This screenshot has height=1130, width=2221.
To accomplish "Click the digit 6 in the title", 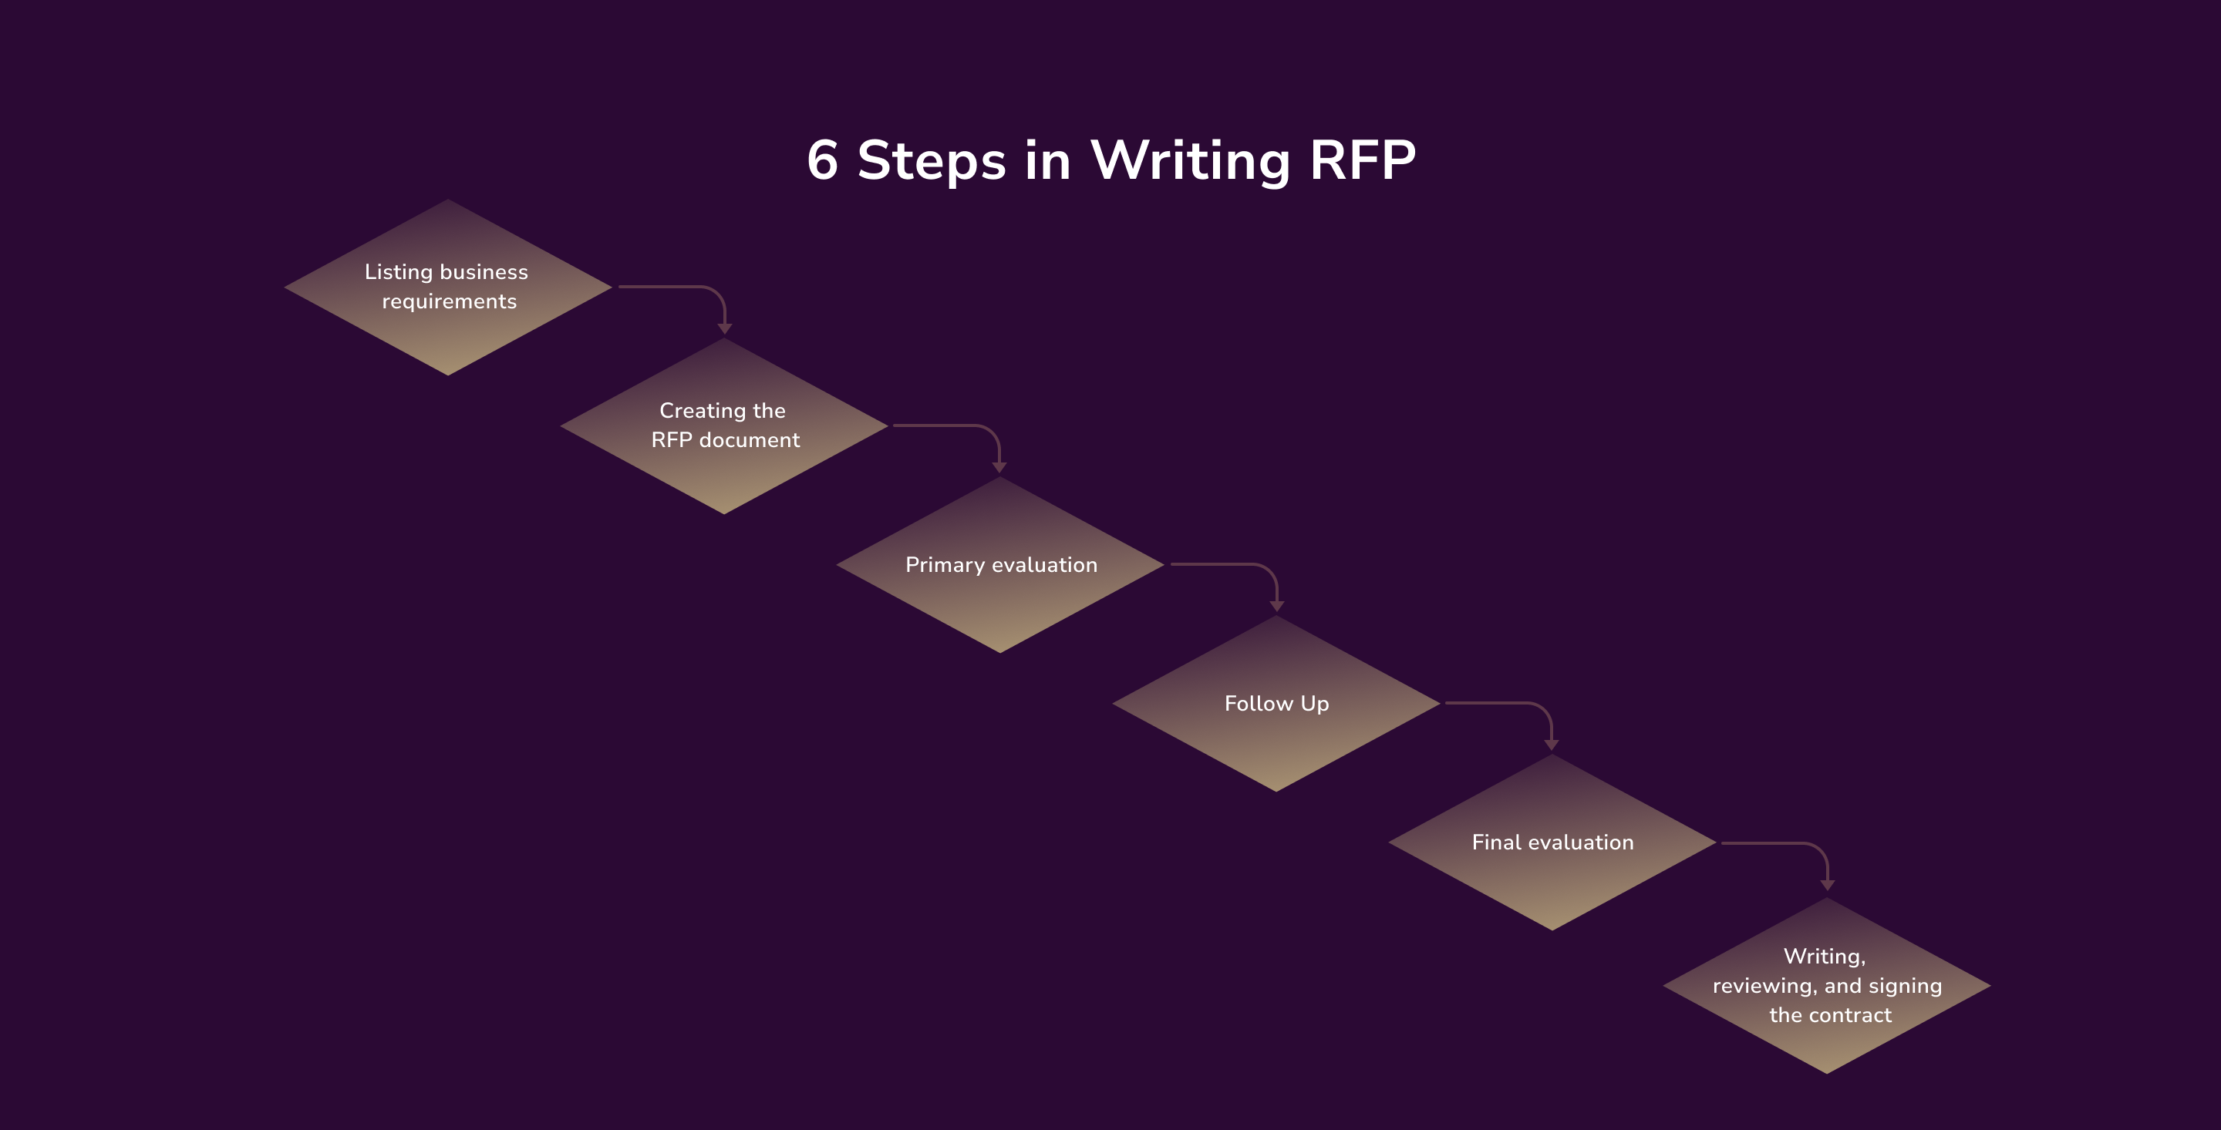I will coord(823,160).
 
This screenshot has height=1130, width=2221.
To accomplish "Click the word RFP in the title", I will coord(1361,160).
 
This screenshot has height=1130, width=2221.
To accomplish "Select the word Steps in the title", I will coord(931,162).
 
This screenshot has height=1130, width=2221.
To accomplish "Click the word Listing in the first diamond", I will coord(399,272).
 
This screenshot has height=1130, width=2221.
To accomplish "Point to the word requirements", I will coord(449,301).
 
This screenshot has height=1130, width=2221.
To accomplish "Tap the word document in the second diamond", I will coord(750,440).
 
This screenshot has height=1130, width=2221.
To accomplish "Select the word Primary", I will coord(944,566).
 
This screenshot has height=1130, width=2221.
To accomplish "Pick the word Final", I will coord(1496,842).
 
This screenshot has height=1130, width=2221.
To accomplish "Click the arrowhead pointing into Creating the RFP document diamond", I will coord(725,328).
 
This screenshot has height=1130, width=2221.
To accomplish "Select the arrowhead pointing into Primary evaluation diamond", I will coord(999,467).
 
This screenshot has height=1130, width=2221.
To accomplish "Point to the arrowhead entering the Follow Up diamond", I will coord(1277,606).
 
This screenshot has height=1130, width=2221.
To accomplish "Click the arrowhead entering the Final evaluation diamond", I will coord(1551,745).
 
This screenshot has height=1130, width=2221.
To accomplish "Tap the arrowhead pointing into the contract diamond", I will coord(1827,885).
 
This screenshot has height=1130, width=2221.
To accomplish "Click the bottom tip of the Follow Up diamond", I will coord(1276,789).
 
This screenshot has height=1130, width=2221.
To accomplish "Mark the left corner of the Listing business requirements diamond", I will coord(287,287).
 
